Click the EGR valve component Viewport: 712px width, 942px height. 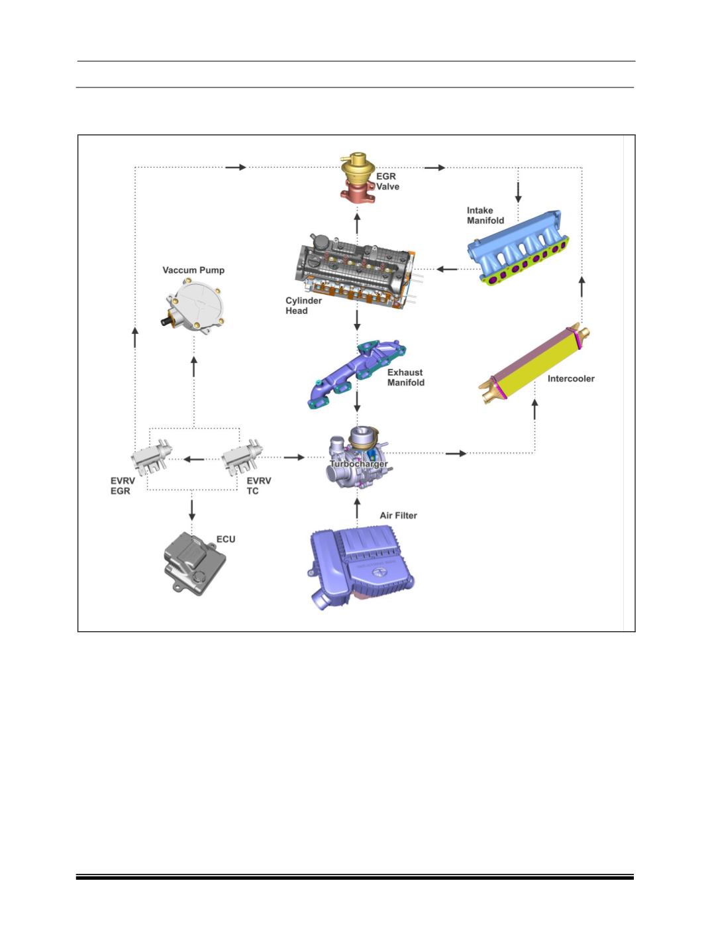pos(357,177)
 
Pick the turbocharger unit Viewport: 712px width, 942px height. pos(358,456)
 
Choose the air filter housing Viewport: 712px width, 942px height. pos(362,566)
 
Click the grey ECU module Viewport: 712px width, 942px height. pos(195,563)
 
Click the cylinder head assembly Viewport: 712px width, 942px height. pos(356,271)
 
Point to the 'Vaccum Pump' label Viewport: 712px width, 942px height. pos(193,270)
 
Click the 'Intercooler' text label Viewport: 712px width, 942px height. pos(571,378)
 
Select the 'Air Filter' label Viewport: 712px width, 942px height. pos(399,515)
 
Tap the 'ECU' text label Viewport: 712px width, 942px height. pos(226,539)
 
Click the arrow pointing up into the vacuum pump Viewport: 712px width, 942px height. pos(194,366)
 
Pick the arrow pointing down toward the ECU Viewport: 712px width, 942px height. pos(191,510)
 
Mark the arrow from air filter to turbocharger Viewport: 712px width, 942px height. pos(357,509)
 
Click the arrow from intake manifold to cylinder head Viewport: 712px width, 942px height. pos(447,269)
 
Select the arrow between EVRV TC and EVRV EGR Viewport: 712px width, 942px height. pos(194,459)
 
